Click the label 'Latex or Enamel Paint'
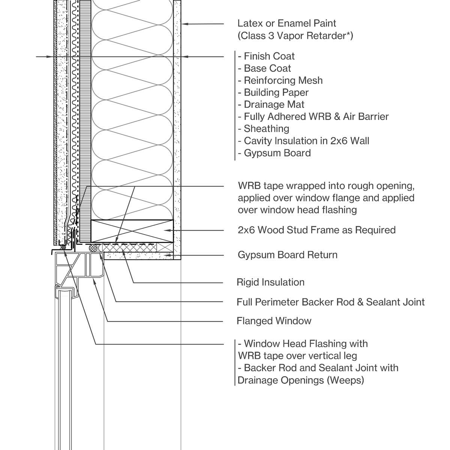click(286, 23)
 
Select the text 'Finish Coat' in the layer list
click(269, 56)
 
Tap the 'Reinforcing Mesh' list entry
click(283, 80)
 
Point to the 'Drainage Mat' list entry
click(274, 104)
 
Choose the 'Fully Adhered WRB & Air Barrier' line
click(316, 117)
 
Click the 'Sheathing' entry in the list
click(266, 129)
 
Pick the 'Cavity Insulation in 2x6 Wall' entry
click(306, 141)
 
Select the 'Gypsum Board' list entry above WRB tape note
click(277, 153)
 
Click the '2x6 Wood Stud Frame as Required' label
click(316, 229)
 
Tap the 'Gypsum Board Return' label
click(287, 255)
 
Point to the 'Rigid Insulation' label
click(270, 282)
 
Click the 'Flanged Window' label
click(274, 321)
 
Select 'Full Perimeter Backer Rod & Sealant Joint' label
click(330, 302)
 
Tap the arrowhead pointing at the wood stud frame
click(168, 230)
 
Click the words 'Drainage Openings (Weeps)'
click(301, 380)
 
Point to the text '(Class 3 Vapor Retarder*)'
click(295, 36)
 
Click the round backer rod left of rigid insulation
click(93, 247)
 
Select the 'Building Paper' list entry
click(276, 92)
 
